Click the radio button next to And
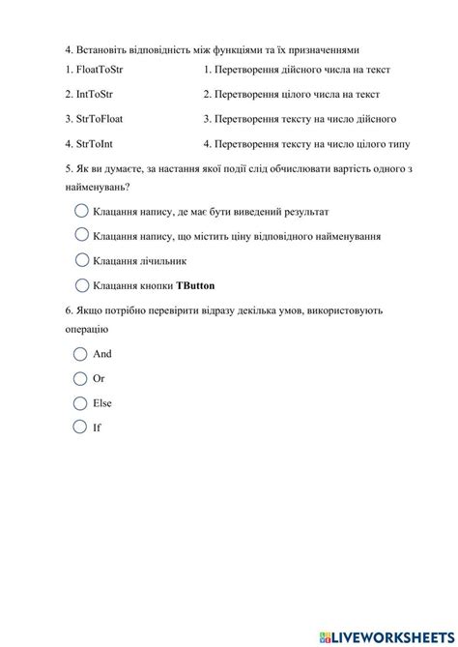(80, 354)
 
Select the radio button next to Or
(80, 378)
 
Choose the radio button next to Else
(80, 402)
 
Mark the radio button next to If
(80, 426)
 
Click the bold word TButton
(196, 285)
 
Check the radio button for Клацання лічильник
(80, 260)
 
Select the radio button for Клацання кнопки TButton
(80, 284)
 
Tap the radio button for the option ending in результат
(80, 211)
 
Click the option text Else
(102, 402)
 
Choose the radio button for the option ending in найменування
(80, 235)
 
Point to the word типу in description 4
(397, 144)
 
